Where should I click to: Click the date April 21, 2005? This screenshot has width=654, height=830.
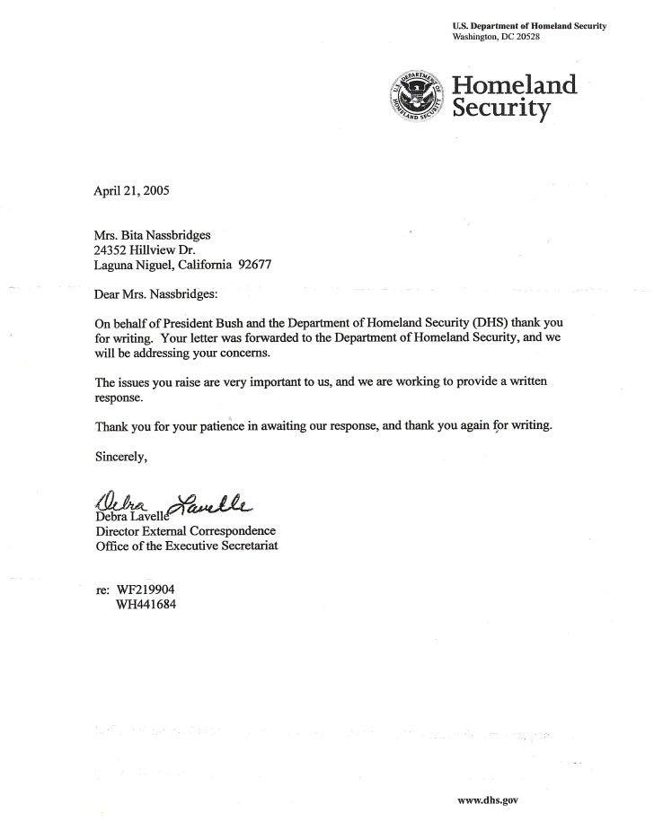(130, 191)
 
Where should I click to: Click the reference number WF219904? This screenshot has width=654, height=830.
(146, 591)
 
